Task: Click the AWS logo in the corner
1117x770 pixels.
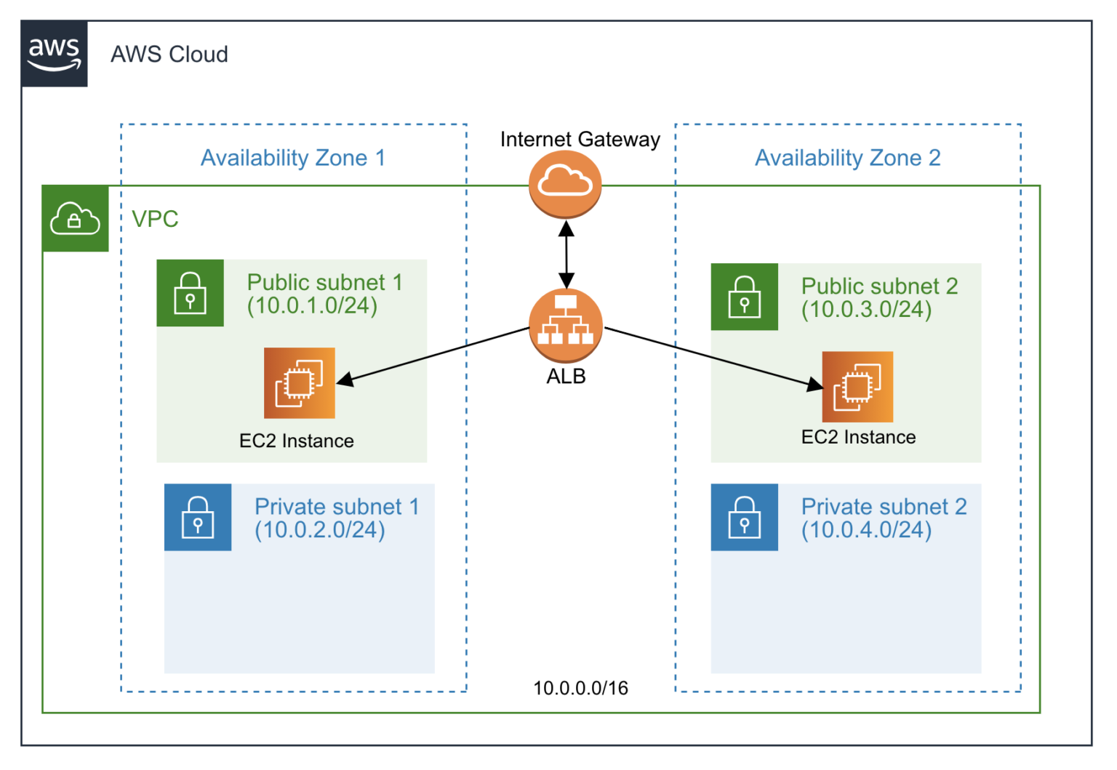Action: [x=54, y=54]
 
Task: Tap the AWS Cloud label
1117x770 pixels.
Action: [x=169, y=55]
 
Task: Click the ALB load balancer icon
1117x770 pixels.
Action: [x=565, y=326]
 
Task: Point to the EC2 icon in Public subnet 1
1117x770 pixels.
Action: [x=299, y=382]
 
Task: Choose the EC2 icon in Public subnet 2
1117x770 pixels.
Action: [x=857, y=387]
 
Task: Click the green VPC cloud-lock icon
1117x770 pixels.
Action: [x=75, y=218]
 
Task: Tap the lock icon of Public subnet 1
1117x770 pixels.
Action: [x=190, y=292]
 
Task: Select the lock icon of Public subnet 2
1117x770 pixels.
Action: [x=744, y=297]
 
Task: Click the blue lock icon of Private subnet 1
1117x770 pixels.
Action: [x=197, y=517]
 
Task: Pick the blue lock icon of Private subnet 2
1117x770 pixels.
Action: [x=744, y=517]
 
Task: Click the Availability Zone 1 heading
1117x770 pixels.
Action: [x=292, y=158]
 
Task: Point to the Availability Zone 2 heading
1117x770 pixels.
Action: [x=847, y=158]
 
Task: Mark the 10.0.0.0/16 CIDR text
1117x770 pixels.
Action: [x=580, y=688]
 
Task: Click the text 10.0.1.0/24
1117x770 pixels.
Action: [x=312, y=305]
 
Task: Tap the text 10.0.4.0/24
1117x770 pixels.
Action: [x=866, y=530]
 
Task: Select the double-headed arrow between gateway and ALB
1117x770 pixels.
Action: [x=566, y=254]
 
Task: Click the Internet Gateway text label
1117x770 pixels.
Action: [x=580, y=139]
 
